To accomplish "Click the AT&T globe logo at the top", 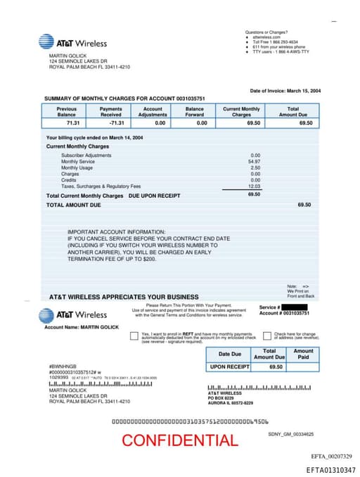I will point(46,42).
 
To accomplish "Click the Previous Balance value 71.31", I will point(67,123).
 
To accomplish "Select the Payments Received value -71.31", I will point(110,123).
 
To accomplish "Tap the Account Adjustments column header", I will point(153,111).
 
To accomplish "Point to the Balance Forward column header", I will point(195,111).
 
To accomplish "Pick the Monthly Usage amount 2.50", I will point(255,167).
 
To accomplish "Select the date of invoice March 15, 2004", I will point(285,91).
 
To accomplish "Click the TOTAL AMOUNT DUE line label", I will point(73,205).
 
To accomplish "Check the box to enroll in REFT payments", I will point(134,336).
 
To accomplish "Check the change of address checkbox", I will point(266,336).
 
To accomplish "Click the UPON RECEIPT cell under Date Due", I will point(229,367).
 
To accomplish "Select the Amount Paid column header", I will point(303,354).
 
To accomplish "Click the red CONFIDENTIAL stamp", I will point(179,440).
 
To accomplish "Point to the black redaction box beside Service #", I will point(294,307).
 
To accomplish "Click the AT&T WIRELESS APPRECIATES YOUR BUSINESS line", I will point(123,297).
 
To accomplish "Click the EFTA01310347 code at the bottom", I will point(330,469).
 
